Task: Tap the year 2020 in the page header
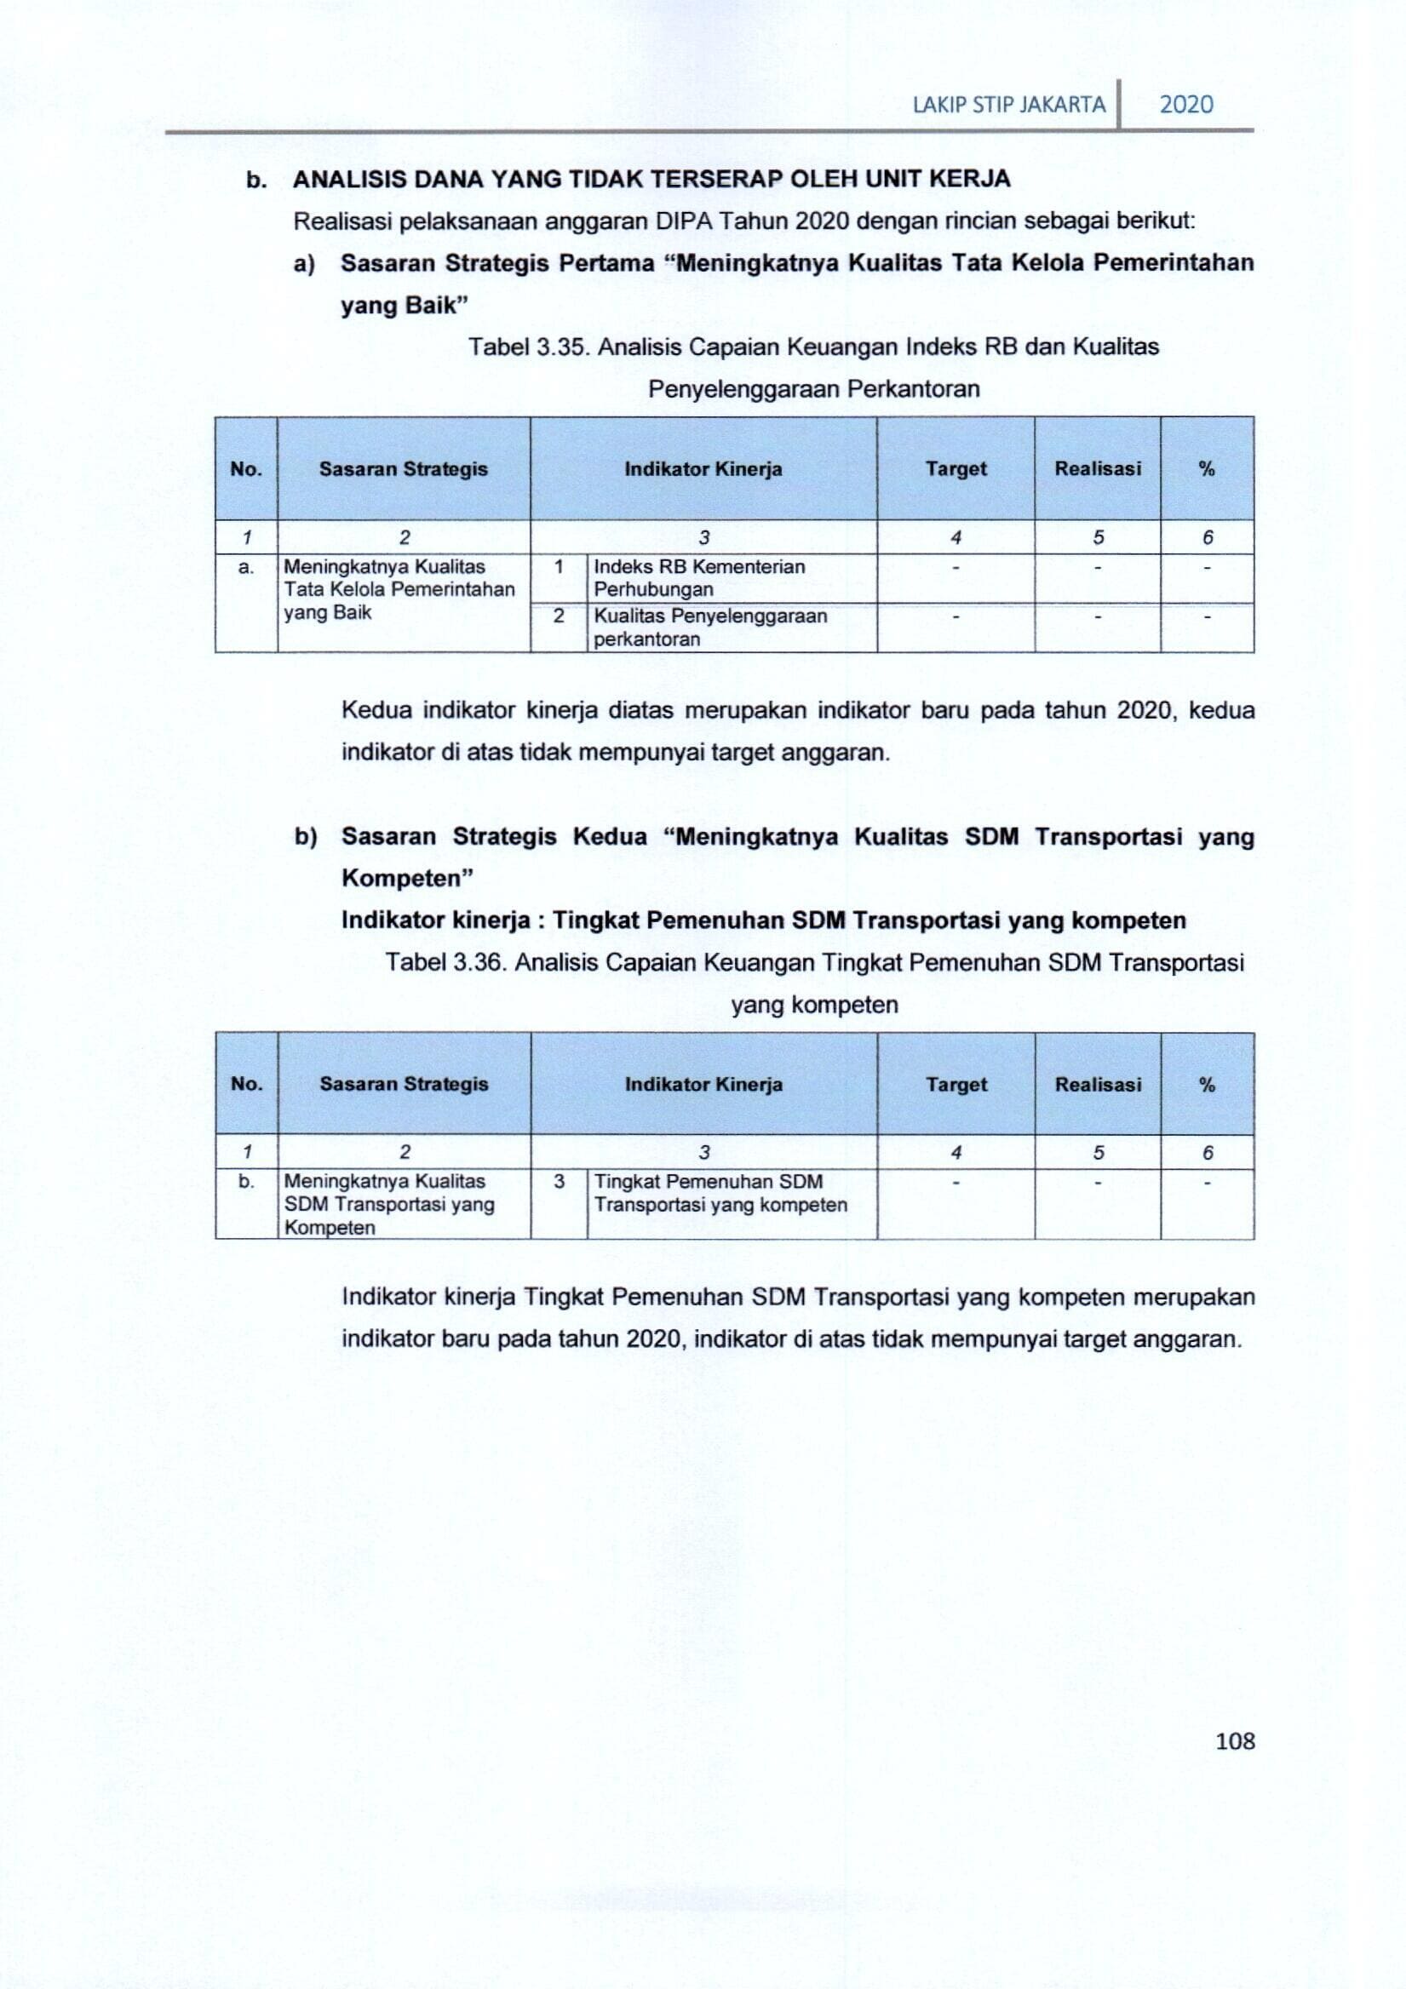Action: [x=1186, y=105]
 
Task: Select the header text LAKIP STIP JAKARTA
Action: [x=1009, y=106]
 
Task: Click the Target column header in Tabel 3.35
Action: [x=956, y=468]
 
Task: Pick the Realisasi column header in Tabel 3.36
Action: [x=1098, y=1084]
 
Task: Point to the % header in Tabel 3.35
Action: [x=1207, y=468]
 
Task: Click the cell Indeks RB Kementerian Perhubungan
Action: [x=699, y=578]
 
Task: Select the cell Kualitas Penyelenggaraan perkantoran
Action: [x=709, y=628]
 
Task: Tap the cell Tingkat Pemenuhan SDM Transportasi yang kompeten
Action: [x=720, y=1193]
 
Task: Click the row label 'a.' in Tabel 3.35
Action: [x=246, y=567]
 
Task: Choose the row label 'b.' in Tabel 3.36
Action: [x=246, y=1182]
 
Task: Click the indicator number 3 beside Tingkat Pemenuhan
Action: [x=559, y=1182]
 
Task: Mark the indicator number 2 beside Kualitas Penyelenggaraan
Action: [x=559, y=616]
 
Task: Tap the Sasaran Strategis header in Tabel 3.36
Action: [x=404, y=1084]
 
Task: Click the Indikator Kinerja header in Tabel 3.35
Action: [x=703, y=468]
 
